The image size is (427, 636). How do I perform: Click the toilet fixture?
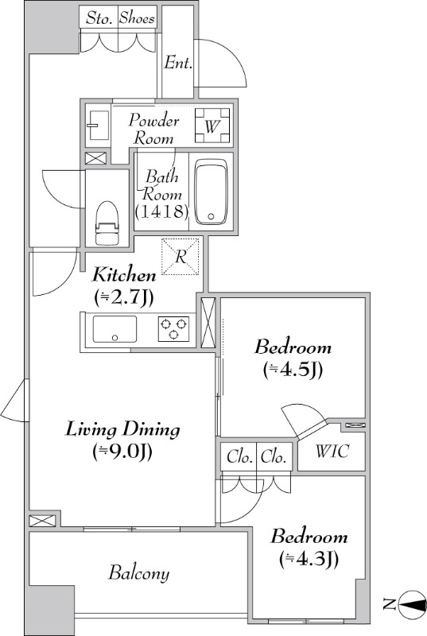(107, 223)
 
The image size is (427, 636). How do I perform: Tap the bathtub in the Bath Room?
(211, 192)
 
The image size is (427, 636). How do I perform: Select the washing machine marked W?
(212, 126)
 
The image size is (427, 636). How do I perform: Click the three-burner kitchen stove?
(173, 328)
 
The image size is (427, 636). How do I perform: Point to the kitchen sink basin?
(115, 329)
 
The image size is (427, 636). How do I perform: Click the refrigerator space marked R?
(181, 256)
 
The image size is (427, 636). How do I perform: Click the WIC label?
(332, 451)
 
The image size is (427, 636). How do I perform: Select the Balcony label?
(138, 573)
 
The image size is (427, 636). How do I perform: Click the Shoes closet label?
(137, 18)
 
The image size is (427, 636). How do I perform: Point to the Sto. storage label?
(99, 18)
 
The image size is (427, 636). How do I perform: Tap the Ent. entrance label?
(178, 63)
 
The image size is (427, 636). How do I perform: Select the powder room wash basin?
(97, 126)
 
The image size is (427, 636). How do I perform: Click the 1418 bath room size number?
(161, 211)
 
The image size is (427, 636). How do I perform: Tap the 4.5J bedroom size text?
(293, 370)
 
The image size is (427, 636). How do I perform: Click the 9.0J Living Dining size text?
(122, 452)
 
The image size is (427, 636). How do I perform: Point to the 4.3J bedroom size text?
(309, 560)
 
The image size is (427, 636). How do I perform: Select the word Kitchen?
(124, 275)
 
